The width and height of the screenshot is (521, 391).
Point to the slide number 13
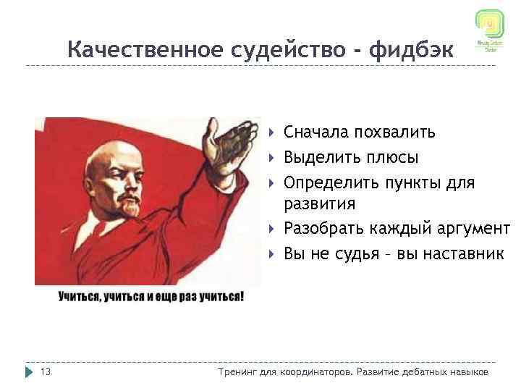[x=45, y=372]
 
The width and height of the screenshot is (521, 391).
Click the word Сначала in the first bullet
[x=315, y=132]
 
